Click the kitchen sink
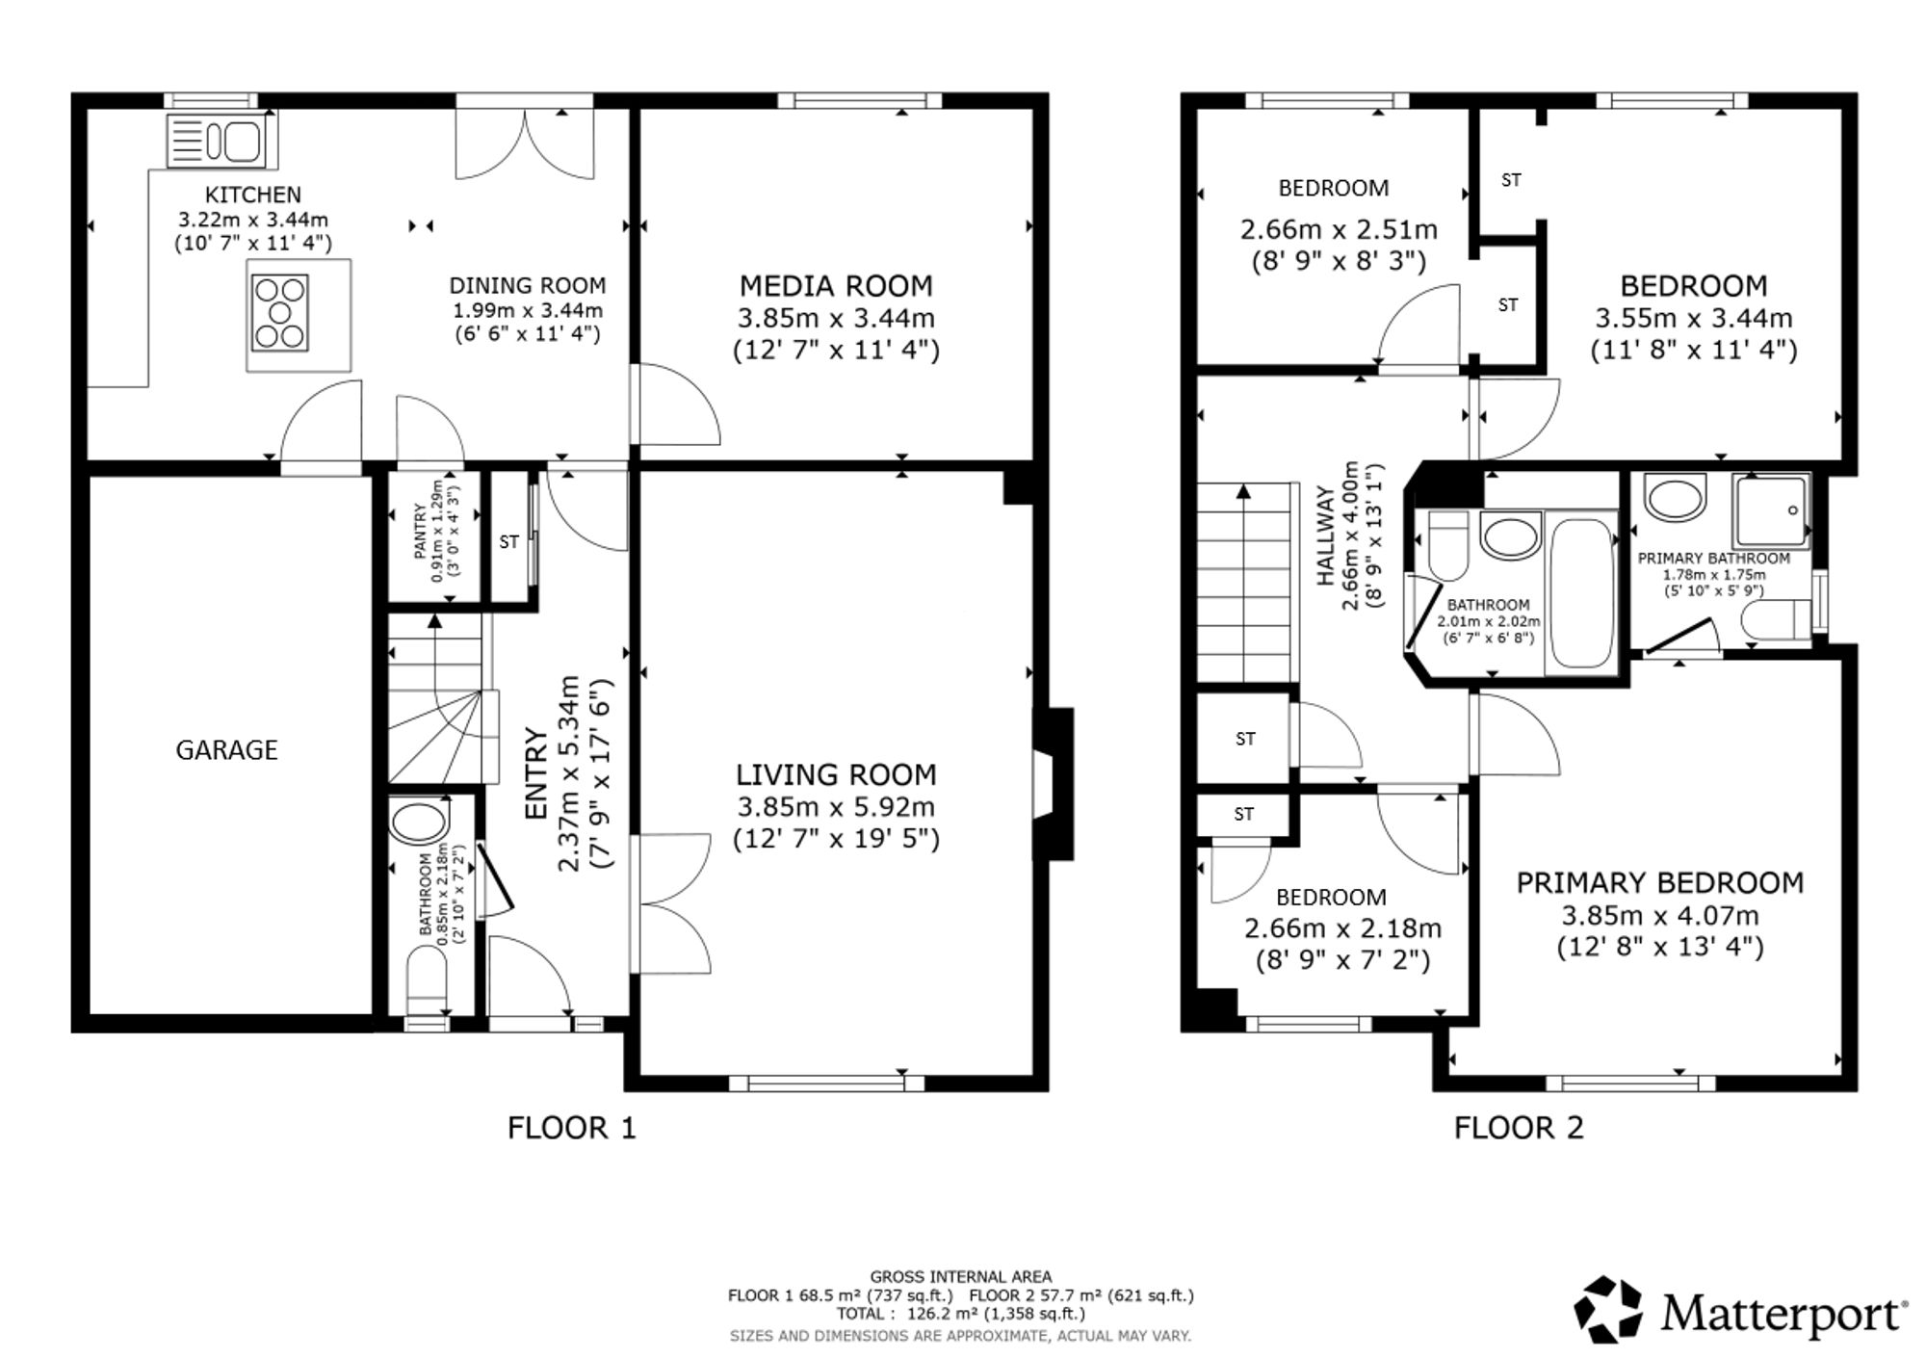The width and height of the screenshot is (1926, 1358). (221, 140)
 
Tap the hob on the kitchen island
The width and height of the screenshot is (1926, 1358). (279, 313)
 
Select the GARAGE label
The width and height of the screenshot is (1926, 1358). (226, 750)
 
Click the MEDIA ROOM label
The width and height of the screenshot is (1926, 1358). (836, 286)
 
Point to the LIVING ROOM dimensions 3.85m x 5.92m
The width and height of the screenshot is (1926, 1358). (836, 807)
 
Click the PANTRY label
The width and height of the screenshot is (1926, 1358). (420, 531)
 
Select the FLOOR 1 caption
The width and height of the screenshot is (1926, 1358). (572, 1128)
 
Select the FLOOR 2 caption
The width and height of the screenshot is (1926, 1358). (1519, 1128)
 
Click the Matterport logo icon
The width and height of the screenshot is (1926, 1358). (1608, 1310)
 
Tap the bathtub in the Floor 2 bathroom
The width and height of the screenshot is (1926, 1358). (1582, 594)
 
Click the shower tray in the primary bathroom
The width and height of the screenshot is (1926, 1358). (1770, 510)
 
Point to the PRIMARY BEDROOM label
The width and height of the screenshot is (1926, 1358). (1660, 883)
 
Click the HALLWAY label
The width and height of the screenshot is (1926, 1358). (1326, 536)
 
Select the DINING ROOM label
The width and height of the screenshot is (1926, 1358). (528, 286)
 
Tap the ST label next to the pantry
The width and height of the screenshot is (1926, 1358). (508, 542)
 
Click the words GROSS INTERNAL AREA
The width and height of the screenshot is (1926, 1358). (961, 1277)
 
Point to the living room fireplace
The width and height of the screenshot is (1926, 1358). (1053, 784)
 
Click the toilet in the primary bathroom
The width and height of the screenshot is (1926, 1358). (1777, 620)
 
